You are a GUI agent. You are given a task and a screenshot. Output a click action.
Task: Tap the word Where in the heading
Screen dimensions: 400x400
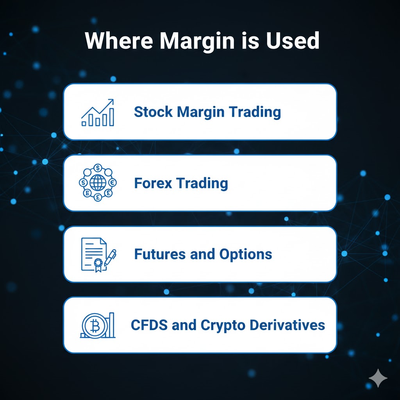119,41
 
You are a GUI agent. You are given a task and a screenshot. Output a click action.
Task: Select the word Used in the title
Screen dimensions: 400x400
293,41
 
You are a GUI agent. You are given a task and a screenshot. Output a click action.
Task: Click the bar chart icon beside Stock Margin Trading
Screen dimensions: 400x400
98,112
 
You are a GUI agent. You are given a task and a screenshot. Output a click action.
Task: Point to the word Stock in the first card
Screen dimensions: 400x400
153,112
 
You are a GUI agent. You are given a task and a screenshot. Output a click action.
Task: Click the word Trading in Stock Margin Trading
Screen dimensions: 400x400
255,112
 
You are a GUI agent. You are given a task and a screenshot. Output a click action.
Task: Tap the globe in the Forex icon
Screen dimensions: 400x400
98,182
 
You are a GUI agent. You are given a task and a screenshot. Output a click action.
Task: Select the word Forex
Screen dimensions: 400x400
153,183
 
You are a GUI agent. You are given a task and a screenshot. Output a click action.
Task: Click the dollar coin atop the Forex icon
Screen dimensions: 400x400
98,168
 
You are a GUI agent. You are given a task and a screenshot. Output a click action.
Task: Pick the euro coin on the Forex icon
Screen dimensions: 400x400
112,182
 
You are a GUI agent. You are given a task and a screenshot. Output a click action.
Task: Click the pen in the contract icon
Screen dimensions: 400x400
110,257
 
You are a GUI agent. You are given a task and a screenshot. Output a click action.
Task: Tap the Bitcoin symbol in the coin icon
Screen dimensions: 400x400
95,326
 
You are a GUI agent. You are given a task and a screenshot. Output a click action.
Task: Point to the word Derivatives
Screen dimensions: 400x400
287,325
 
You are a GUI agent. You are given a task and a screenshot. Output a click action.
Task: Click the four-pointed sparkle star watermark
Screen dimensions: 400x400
378,378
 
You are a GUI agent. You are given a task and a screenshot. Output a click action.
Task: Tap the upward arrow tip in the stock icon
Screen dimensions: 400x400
113,100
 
